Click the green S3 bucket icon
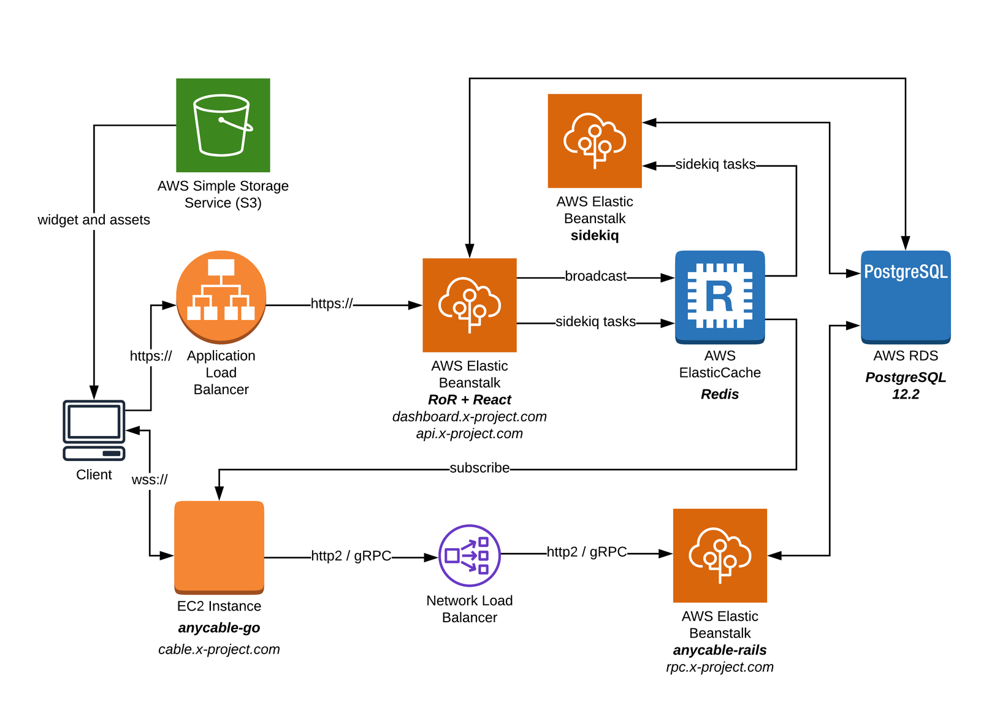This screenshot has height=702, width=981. pyautogui.click(x=223, y=125)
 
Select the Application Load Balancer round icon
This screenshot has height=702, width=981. pyautogui.click(x=221, y=296)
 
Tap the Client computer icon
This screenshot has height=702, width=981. pyautogui.click(x=94, y=430)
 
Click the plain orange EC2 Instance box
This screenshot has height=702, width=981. pyautogui.click(x=219, y=547)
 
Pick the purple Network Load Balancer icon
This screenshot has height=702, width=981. pyautogui.click(x=470, y=556)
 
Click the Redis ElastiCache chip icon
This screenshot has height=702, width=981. pyautogui.click(x=720, y=297)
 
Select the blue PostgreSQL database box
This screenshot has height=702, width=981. pyautogui.click(x=906, y=297)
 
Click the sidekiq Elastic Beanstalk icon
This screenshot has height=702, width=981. pyautogui.click(x=594, y=140)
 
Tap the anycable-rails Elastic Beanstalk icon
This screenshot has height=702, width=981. pyautogui.click(x=720, y=555)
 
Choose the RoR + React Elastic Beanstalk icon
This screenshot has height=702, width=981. pyautogui.click(x=470, y=305)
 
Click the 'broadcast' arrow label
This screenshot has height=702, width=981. pyautogui.click(x=595, y=277)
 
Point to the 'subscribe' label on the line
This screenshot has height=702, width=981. pyautogui.click(x=479, y=468)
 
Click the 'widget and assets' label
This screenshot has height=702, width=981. pyautogui.click(x=94, y=219)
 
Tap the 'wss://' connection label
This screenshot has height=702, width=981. pyautogui.click(x=150, y=479)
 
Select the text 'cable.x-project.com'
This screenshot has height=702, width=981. pyautogui.click(x=219, y=649)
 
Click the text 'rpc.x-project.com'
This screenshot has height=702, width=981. pyautogui.click(x=720, y=667)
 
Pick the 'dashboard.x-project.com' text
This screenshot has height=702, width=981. pyautogui.click(x=470, y=417)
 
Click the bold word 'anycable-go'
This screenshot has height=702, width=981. pyautogui.click(x=219, y=628)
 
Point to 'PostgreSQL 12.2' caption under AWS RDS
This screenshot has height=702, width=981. pyautogui.click(x=906, y=386)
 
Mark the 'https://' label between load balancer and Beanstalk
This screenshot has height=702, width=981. pyautogui.click(x=332, y=303)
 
